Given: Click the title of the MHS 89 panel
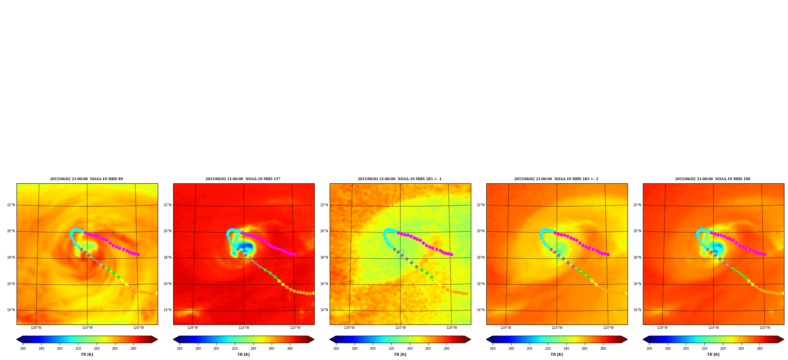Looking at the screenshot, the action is [86, 179].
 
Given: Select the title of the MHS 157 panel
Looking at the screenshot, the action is [243, 179].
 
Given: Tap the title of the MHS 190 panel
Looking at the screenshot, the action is [713, 179].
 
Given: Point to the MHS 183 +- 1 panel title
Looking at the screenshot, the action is [400, 179].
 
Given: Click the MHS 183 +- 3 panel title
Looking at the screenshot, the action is [556, 179].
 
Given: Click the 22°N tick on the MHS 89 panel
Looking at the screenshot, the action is [11, 205].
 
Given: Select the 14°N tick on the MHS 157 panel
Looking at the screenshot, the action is [167, 310].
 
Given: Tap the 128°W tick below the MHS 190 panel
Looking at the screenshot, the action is [662, 328].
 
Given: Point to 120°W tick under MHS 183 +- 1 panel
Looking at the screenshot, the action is [452, 328].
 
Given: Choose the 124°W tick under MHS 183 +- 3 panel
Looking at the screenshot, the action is [557, 328].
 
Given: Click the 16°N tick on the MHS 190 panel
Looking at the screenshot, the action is [637, 284].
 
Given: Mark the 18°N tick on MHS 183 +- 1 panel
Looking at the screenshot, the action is [324, 257].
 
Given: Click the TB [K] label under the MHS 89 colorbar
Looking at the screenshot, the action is [87, 354].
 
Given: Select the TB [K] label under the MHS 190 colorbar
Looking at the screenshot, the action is [713, 354].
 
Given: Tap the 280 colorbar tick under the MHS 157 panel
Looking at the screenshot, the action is [290, 349].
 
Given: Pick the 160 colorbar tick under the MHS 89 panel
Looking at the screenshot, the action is [23, 349].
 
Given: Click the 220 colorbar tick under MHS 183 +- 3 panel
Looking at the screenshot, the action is [548, 349].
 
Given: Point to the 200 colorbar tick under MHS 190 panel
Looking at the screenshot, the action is [686, 349].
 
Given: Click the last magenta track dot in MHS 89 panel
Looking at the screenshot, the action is [138, 255].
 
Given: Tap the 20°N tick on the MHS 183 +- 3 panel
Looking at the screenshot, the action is [480, 231].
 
